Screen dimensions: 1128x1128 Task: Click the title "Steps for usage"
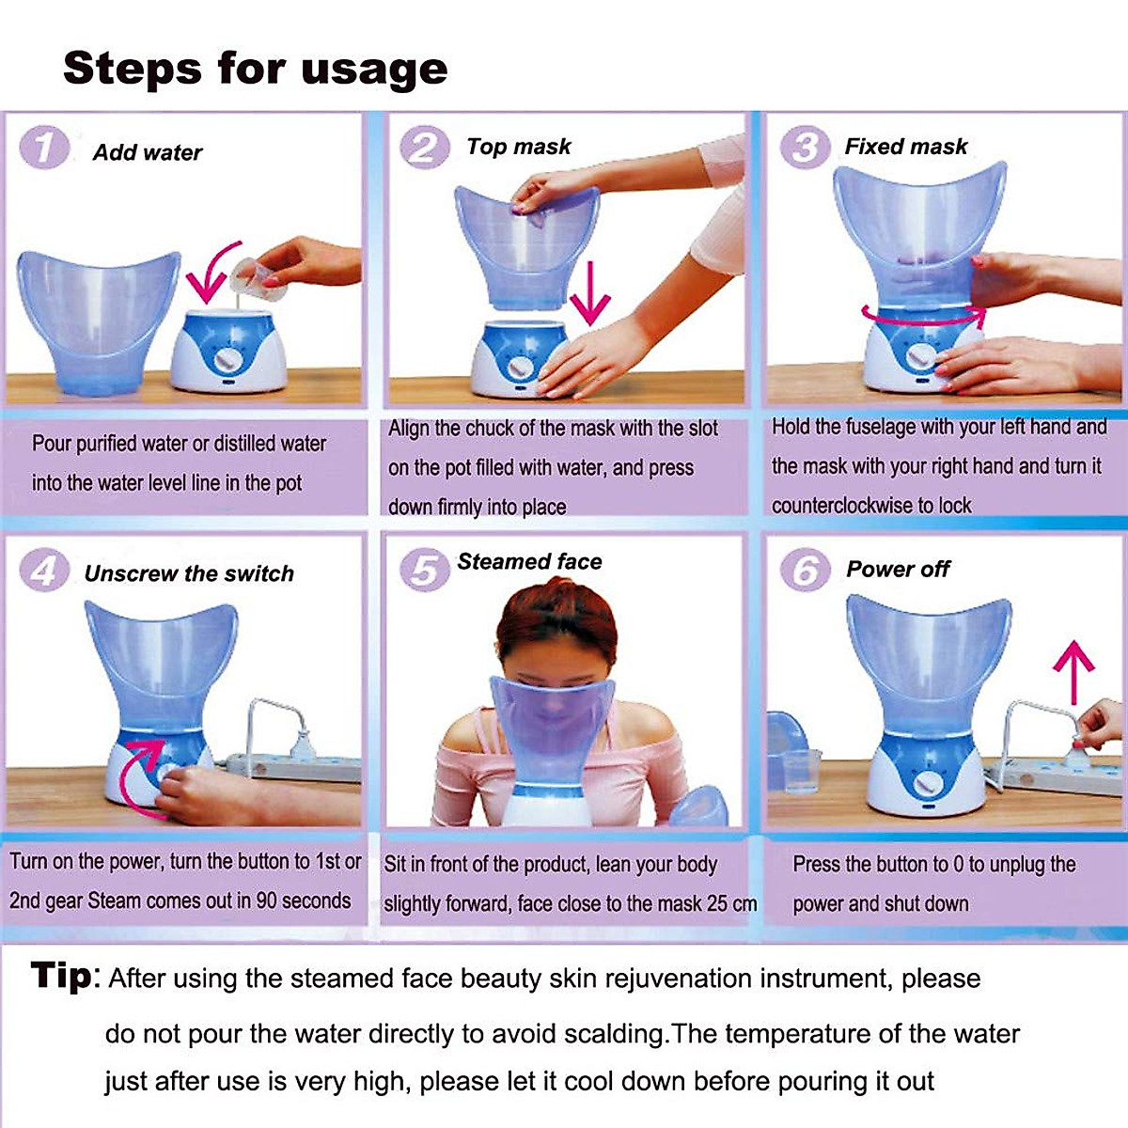pyautogui.click(x=255, y=69)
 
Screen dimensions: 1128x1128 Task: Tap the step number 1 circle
pyautogui.click(x=43, y=148)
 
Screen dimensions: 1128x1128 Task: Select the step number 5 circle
pyautogui.click(x=425, y=569)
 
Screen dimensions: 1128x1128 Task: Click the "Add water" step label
pyautogui.click(x=148, y=152)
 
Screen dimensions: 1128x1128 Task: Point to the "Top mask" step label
pyautogui.click(x=518, y=147)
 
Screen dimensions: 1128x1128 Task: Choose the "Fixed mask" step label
pyautogui.click(x=905, y=147)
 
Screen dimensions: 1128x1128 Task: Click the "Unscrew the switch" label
pyautogui.click(x=189, y=573)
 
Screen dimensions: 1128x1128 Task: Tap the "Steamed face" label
pyautogui.click(x=529, y=561)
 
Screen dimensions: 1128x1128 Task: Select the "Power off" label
pyautogui.click(x=898, y=569)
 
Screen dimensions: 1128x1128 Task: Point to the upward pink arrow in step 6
pyautogui.click(x=1073, y=671)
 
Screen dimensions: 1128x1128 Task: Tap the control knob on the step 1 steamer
pyautogui.click(x=227, y=360)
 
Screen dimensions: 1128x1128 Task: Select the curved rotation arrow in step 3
pyautogui.click(x=921, y=318)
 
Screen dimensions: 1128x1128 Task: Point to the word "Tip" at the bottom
pyautogui.click(x=62, y=976)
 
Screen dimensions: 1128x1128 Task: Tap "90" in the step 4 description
pyautogui.click(x=267, y=901)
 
